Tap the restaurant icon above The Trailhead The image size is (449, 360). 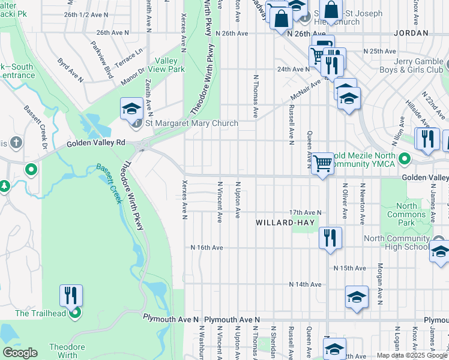71,295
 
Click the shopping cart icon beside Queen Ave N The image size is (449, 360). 323,163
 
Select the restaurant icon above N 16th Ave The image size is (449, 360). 330,238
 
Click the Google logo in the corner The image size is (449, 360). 20,353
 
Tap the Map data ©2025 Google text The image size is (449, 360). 412,355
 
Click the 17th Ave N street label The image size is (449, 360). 305,213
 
